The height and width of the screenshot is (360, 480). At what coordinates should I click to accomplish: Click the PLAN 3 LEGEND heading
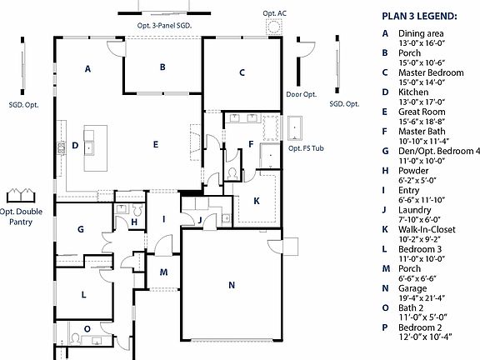[x=421, y=16]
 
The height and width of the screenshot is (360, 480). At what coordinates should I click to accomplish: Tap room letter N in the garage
[x=232, y=285]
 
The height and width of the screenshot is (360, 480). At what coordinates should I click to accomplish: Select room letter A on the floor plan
[x=87, y=69]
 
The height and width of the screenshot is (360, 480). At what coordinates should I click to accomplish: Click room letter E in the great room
[x=155, y=144]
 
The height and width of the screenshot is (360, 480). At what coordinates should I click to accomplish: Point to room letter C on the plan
[x=242, y=72]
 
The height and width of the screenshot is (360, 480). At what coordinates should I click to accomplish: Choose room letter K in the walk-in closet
[x=256, y=200]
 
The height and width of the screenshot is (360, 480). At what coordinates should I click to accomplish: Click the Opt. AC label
[x=274, y=14]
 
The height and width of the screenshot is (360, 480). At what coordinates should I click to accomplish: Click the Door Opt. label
[x=301, y=94]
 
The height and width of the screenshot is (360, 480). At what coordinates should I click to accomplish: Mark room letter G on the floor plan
[x=81, y=229]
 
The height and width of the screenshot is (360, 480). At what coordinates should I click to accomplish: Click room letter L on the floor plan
[x=83, y=294]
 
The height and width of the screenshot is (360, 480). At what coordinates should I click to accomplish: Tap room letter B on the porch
[x=163, y=67]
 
